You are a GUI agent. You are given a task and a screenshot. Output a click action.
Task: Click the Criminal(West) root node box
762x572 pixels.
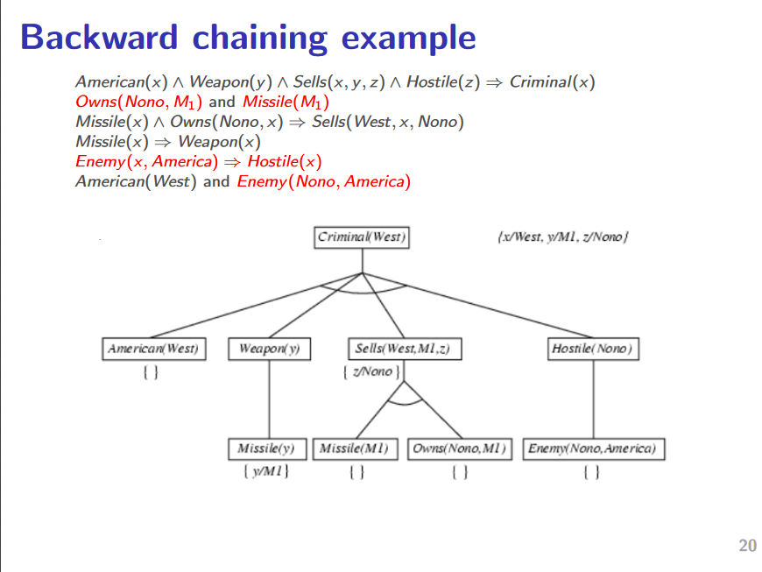(362, 237)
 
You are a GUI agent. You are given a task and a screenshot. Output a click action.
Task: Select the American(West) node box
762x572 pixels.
(153, 349)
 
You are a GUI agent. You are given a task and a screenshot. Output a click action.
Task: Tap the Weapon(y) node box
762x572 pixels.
(269, 349)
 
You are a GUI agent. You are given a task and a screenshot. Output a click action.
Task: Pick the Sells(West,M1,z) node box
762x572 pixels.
(404, 349)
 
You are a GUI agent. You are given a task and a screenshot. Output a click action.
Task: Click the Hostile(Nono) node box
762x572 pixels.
(593, 349)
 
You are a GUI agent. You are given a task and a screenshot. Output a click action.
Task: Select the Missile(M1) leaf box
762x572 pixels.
(355, 448)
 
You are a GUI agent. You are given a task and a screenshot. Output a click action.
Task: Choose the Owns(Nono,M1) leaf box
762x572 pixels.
(460, 448)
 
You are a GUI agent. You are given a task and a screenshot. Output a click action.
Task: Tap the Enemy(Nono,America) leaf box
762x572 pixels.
(594, 448)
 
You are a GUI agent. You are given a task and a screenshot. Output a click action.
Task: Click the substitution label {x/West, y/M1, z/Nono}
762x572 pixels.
(563, 237)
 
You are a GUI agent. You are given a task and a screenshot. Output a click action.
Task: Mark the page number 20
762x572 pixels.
(747, 546)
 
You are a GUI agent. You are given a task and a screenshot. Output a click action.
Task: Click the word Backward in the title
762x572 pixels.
(100, 38)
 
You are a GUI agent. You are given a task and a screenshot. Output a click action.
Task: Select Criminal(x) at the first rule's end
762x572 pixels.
(553, 82)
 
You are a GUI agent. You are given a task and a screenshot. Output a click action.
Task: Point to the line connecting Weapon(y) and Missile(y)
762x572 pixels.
(269, 399)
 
